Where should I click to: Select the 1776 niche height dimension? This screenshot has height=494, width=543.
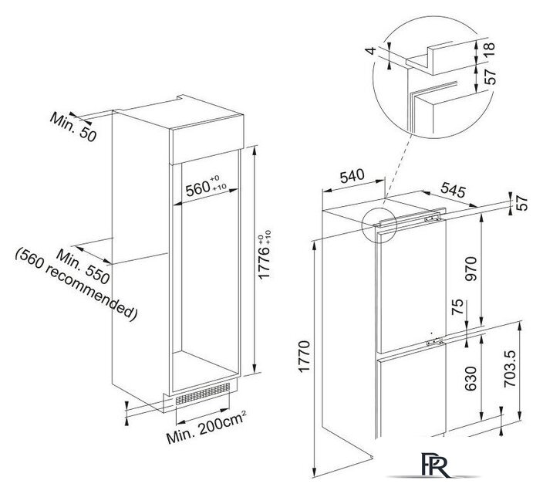pos(265,255)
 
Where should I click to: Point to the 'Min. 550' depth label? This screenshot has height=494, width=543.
pos(83,266)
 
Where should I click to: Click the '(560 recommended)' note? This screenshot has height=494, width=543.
pos(76,285)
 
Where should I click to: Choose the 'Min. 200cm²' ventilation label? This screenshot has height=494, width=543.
pos(207,427)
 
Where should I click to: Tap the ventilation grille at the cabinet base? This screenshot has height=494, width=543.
pos(203,394)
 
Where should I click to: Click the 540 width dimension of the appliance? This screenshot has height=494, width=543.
pos(352,176)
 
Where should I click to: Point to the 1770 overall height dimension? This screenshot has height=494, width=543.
pos(305,357)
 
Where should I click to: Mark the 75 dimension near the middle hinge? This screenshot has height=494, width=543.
pos(457,306)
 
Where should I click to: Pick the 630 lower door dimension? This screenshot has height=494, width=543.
pos(471,378)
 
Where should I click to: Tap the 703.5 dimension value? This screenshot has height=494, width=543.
pos(510,368)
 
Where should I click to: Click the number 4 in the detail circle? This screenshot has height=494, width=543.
pos(371,51)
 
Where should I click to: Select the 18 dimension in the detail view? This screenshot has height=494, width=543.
pos(489,50)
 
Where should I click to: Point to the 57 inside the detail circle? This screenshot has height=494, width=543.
pos(490,76)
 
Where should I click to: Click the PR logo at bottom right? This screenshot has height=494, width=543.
pos(436,465)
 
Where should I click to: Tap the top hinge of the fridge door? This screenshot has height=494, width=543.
pos(432,218)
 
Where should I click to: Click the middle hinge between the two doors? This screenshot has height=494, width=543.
pos(434,342)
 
